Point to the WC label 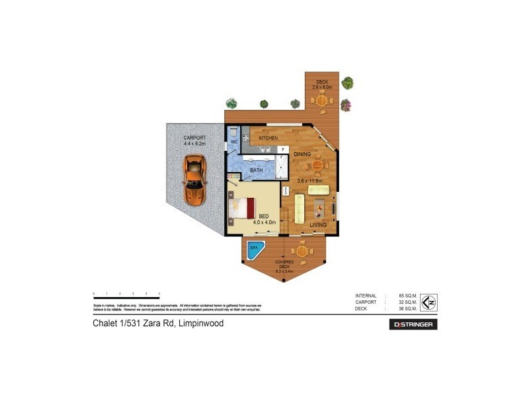click(233, 142)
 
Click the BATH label click(257, 170)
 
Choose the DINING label click(303, 154)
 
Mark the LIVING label click(319, 225)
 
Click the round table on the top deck click(322, 101)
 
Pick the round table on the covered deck click(302, 251)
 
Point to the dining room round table click(317, 165)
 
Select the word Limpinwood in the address click(201, 324)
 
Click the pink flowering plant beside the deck click(345, 105)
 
